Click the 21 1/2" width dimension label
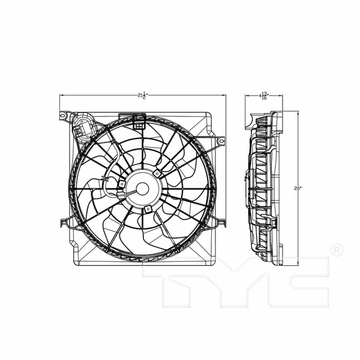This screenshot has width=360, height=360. [x=142, y=95]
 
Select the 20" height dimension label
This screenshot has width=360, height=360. [x=298, y=188]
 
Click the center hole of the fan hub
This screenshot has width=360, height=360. [x=142, y=188]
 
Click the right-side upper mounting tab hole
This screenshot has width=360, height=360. [x=220, y=141]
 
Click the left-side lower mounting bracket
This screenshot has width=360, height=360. [x=64, y=223]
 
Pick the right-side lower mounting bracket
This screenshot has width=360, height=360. [x=220, y=223]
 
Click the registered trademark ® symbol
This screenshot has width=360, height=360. [x=337, y=249]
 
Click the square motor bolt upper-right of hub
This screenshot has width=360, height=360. [x=157, y=173]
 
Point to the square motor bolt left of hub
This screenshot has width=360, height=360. [x=122, y=184]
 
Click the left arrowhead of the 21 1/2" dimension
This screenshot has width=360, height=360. [x=62, y=95]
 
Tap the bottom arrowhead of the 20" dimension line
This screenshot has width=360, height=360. [x=298, y=265]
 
